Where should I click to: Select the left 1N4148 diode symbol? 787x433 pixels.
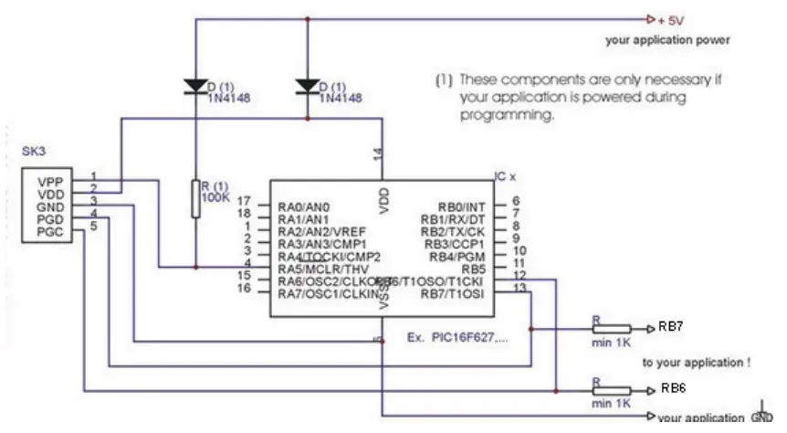coord(196,87)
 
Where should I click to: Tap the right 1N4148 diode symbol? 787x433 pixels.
coord(309,87)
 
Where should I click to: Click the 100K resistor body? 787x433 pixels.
coord(196,199)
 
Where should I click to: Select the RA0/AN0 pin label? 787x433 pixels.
coord(303,206)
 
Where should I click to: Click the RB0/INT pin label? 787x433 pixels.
coord(464,206)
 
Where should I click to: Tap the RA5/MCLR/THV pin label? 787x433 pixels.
coord(322,269)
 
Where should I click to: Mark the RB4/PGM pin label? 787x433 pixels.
coord(461,257)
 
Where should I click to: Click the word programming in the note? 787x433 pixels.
coord(493,117)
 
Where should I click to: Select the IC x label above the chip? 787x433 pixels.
coord(505,176)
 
